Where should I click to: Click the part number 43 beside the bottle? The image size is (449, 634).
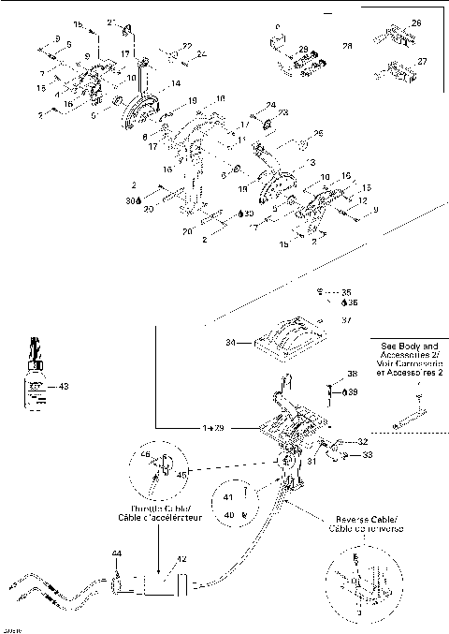[64, 386]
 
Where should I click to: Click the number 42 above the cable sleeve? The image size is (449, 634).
[181, 559]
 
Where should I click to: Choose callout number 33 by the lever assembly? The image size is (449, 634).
[367, 453]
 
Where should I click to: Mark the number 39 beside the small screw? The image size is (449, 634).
[353, 391]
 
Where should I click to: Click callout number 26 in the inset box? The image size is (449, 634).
[416, 22]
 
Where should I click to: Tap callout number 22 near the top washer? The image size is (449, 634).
[186, 45]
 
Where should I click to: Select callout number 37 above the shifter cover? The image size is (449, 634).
[346, 318]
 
